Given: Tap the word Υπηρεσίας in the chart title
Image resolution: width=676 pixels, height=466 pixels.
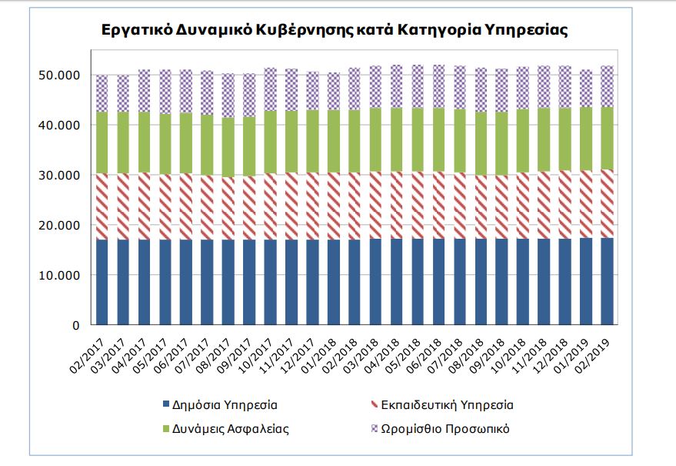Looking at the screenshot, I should coord(530,31).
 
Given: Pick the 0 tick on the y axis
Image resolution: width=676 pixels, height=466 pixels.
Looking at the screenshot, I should coord(76,325).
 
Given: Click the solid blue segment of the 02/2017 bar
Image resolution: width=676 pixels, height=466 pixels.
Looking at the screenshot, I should coord(102,282).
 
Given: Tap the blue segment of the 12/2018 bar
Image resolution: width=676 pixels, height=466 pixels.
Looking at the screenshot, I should coord(564,282).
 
